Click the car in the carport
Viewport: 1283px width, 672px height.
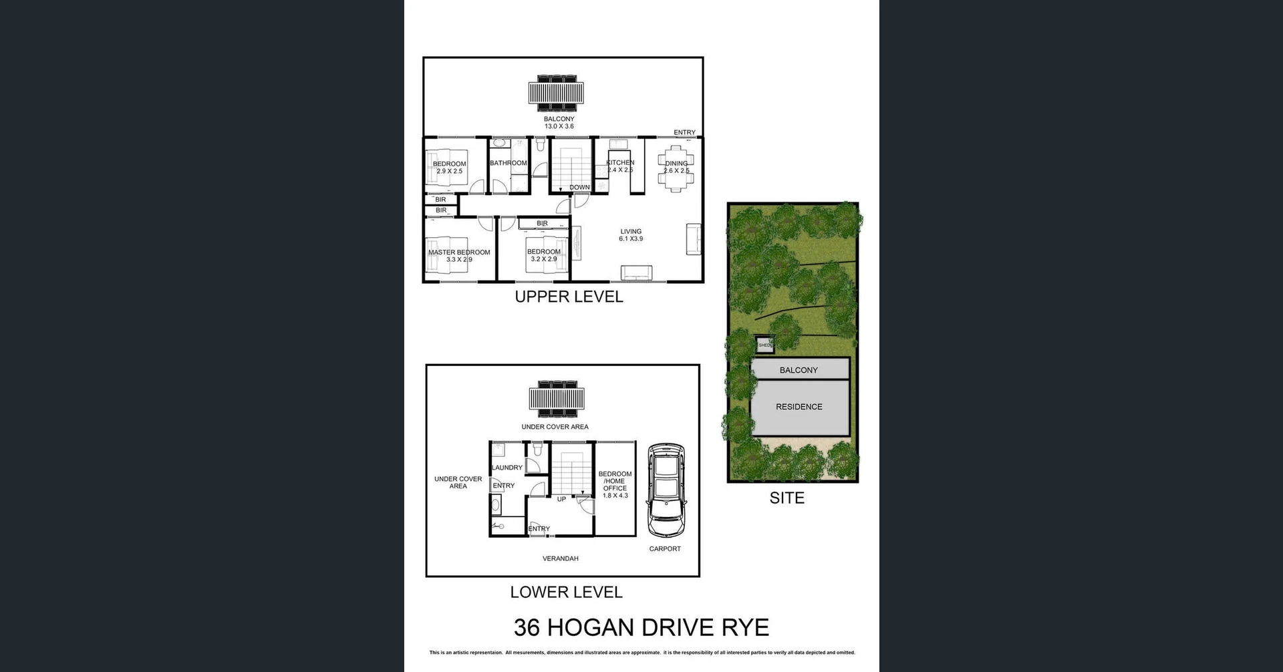click(x=665, y=490)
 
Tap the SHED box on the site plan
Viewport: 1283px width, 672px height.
click(x=765, y=345)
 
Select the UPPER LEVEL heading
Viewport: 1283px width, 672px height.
click(x=569, y=297)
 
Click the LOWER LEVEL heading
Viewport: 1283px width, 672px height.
click(x=566, y=593)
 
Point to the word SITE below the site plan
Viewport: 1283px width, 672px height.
click(x=787, y=498)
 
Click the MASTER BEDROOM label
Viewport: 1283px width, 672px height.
click(x=459, y=253)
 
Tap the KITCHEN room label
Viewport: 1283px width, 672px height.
click(x=620, y=163)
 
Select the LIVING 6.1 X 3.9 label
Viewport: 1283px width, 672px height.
click(x=631, y=235)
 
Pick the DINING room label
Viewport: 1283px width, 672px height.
click(x=676, y=164)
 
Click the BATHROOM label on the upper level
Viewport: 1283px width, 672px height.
click(x=509, y=163)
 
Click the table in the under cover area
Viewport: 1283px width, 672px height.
click(x=556, y=399)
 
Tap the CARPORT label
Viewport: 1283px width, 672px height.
click(x=665, y=549)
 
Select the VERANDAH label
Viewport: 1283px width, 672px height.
click(x=560, y=558)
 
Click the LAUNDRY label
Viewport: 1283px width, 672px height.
click(x=507, y=468)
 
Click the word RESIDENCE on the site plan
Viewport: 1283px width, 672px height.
click(x=799, y=407)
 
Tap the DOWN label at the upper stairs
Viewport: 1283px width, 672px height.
click(x=579, y=188)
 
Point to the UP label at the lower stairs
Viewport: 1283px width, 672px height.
click(x=561, y=499)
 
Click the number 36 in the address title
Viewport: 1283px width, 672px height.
click(x=527, y=628)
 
